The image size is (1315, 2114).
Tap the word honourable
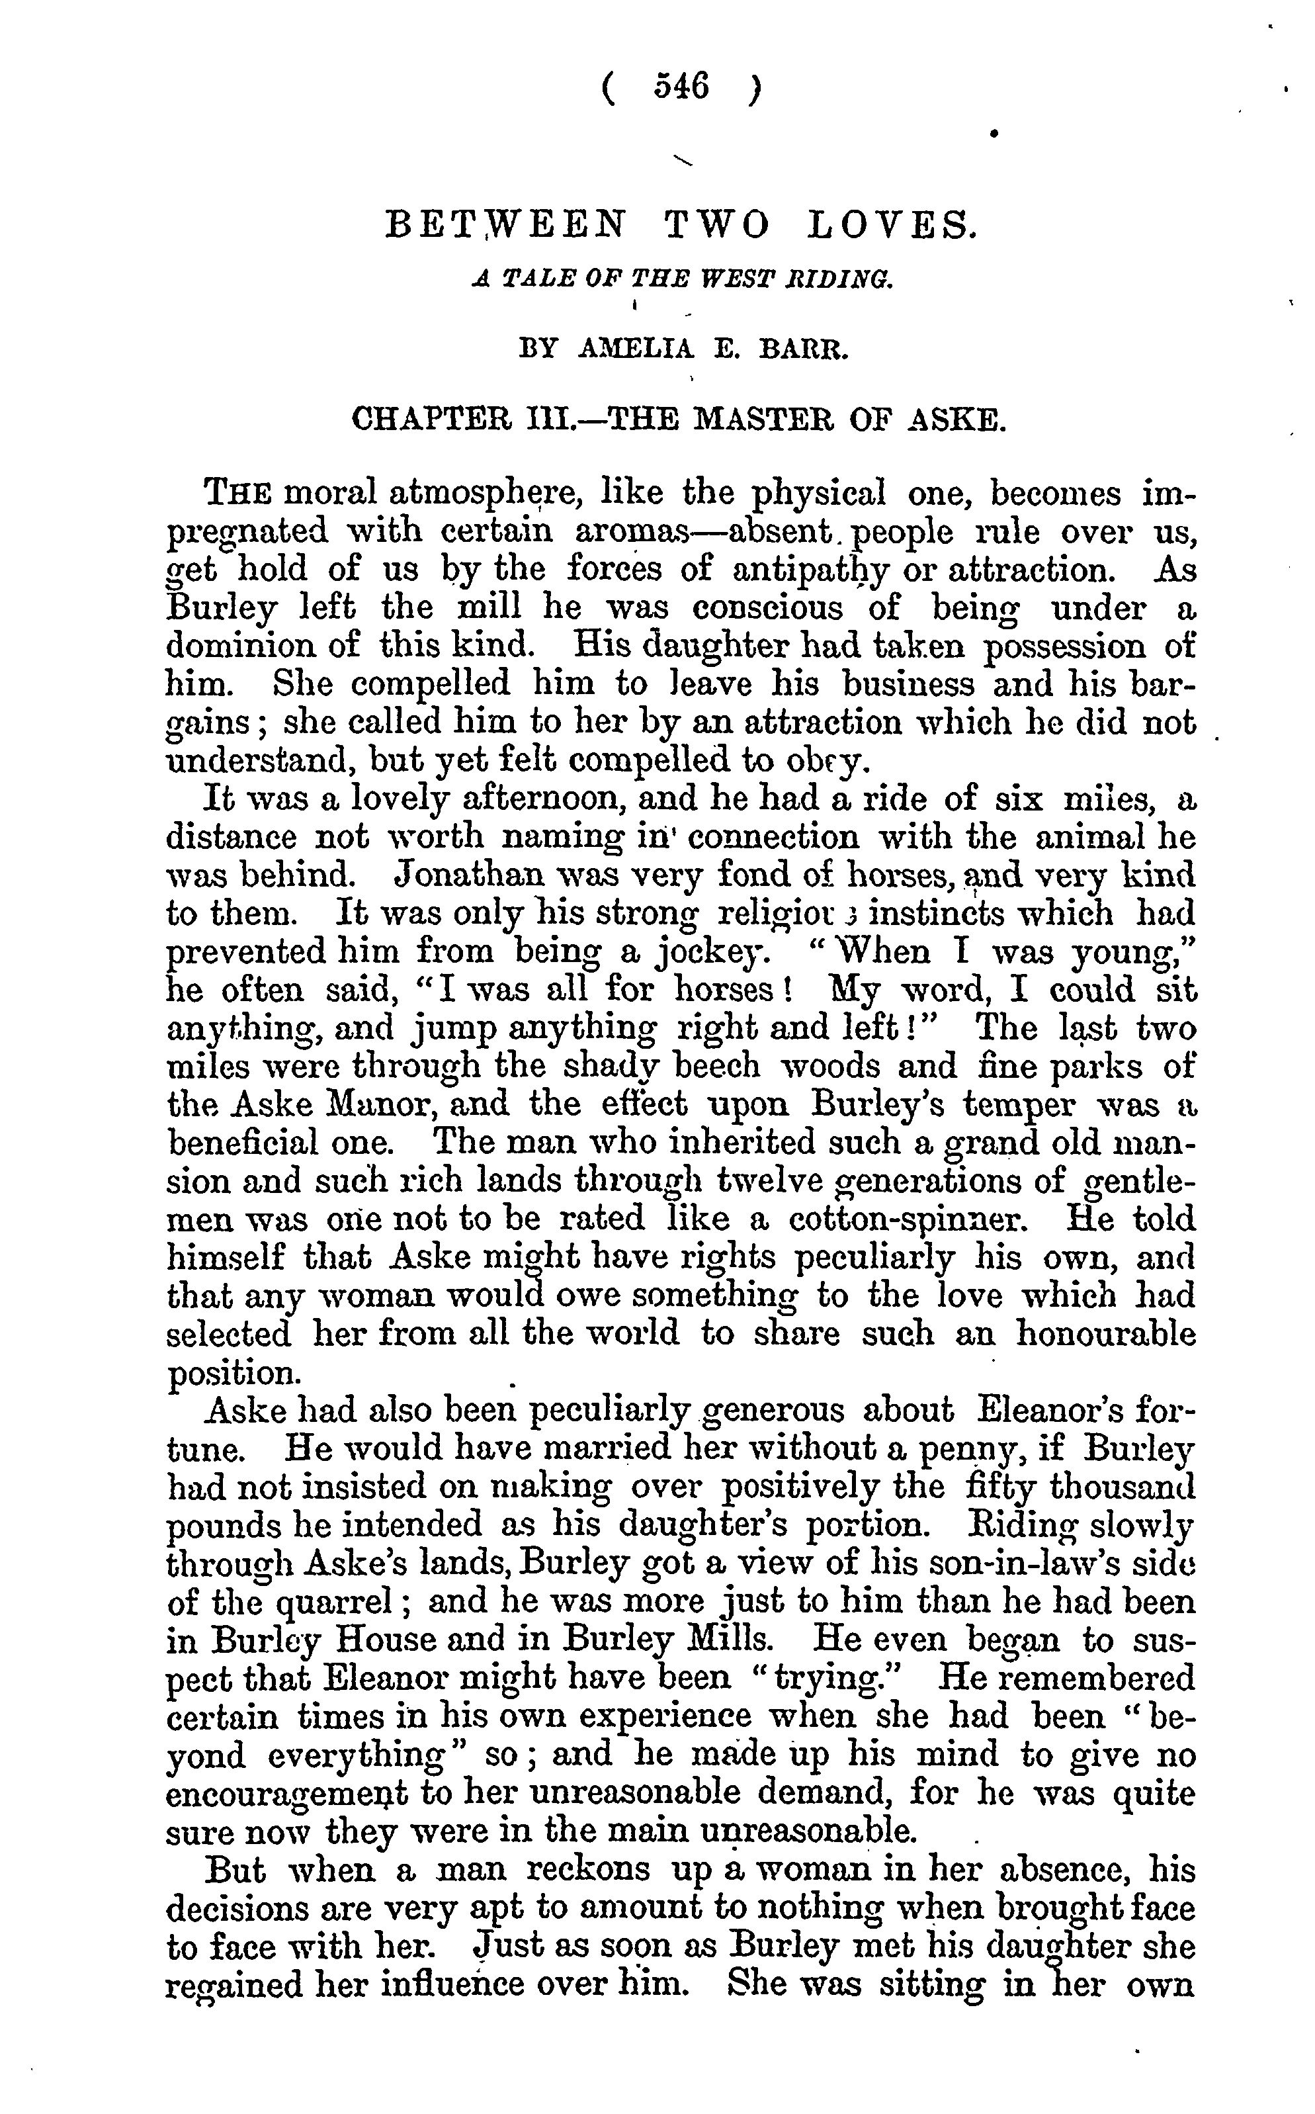coord(1106,1333)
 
